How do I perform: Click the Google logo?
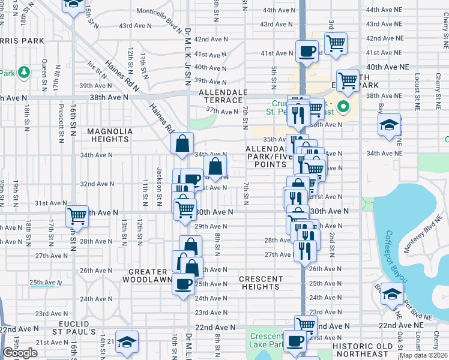[20, 353]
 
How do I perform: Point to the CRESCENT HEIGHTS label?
[261, 283]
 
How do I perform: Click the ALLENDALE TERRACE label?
[223, 96]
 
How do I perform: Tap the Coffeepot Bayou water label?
[396, 257]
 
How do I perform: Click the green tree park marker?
[24, 73]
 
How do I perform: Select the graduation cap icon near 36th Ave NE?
[389, 125]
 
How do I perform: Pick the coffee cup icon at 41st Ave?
[307, 52]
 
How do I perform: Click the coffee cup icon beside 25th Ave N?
[183, 284]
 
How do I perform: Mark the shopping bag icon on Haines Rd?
[182, 143]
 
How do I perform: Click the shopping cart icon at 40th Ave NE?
[347, 79]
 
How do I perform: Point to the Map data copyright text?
[424, 355]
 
